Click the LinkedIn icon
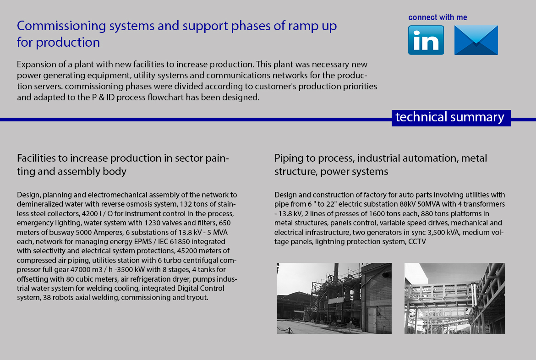[x=426, y=40]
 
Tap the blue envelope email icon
[x=476, y=40]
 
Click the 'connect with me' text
[x=438, y=17]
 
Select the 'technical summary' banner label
[x=450, y=117]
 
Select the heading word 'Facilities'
[x=37, y=158]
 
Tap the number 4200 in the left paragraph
[x=90, y=214]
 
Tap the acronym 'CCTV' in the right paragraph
[x=417, y=242]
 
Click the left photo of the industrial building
[x=334, y=298]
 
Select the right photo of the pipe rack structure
[x=454, y=298]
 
